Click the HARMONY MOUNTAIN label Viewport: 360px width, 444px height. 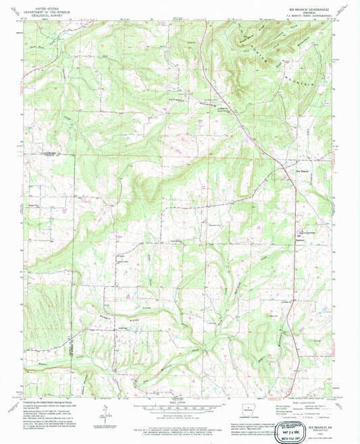[x=203, y=102]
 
